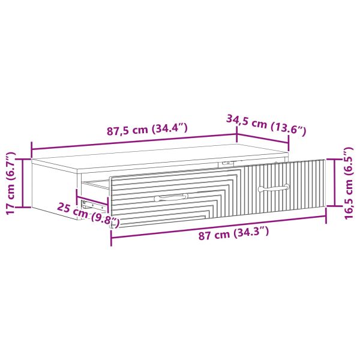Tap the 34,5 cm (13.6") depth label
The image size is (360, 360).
(x=266, y=124)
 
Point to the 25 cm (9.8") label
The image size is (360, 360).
(x=88, y=215)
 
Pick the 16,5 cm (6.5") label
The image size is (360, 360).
(x=350, y=183)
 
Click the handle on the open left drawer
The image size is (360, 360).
(x=170, y=197)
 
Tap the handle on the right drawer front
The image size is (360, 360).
(x=274, y=188)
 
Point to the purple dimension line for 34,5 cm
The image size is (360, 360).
(x=263, y=136)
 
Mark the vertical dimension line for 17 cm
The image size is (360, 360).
(x=23, y=183)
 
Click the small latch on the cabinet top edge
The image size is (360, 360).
(x=226, y=162)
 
